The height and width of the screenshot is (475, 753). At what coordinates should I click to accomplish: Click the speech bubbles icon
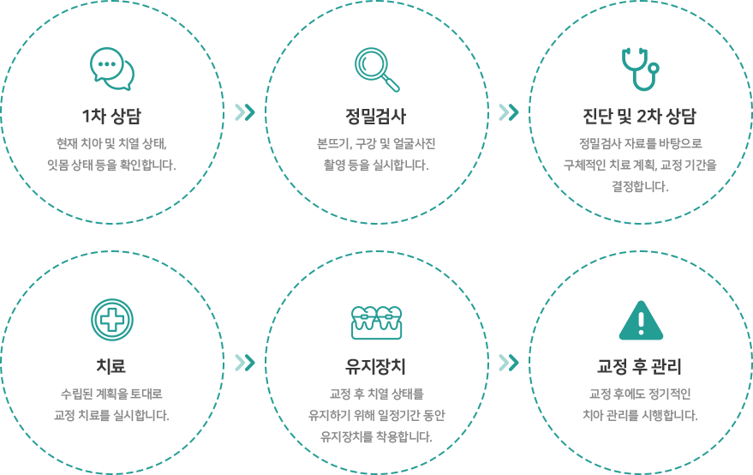112,69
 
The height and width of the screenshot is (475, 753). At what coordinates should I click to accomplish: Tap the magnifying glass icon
377,69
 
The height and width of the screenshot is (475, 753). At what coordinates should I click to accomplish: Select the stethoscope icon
640,69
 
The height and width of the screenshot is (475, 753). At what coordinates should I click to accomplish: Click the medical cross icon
112,320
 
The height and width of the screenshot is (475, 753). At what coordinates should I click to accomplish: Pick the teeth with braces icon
377,322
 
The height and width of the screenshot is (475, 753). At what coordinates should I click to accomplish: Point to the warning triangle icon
641,321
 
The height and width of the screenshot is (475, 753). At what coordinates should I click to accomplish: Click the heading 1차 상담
111,116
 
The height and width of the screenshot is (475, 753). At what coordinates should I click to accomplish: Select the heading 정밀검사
376,116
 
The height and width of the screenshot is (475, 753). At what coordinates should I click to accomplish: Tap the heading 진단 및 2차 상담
639,116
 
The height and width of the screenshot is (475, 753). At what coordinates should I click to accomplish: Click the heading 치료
111,366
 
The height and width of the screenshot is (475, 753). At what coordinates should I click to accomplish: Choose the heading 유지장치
375,366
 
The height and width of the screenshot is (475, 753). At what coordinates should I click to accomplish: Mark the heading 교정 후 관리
639,366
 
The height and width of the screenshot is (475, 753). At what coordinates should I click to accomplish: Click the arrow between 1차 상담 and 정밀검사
245,112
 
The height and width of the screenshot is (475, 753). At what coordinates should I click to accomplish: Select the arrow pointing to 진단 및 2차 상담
509,112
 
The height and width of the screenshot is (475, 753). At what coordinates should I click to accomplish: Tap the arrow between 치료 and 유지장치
245,363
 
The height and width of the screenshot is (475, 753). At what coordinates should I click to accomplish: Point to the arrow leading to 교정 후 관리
509,363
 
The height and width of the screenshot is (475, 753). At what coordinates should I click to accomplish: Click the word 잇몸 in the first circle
57,165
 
